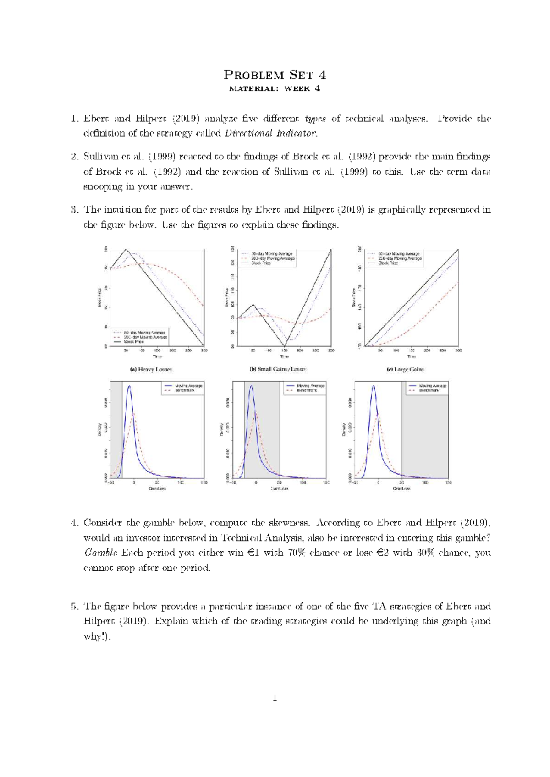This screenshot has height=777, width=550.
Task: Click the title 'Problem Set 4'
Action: (275, 75)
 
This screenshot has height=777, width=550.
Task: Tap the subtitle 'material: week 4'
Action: (275, 89)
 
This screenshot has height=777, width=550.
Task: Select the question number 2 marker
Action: (74, 157)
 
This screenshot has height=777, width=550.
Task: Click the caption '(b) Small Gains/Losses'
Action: (277, 369)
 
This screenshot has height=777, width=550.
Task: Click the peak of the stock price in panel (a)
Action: (126, 250)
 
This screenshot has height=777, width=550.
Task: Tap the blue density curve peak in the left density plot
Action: (129, 386)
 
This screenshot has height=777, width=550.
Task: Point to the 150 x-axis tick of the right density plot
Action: (448, 482)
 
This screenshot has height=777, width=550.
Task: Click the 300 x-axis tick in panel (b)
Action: (331, 350)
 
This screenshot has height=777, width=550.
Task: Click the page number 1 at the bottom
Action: (275, 698)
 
